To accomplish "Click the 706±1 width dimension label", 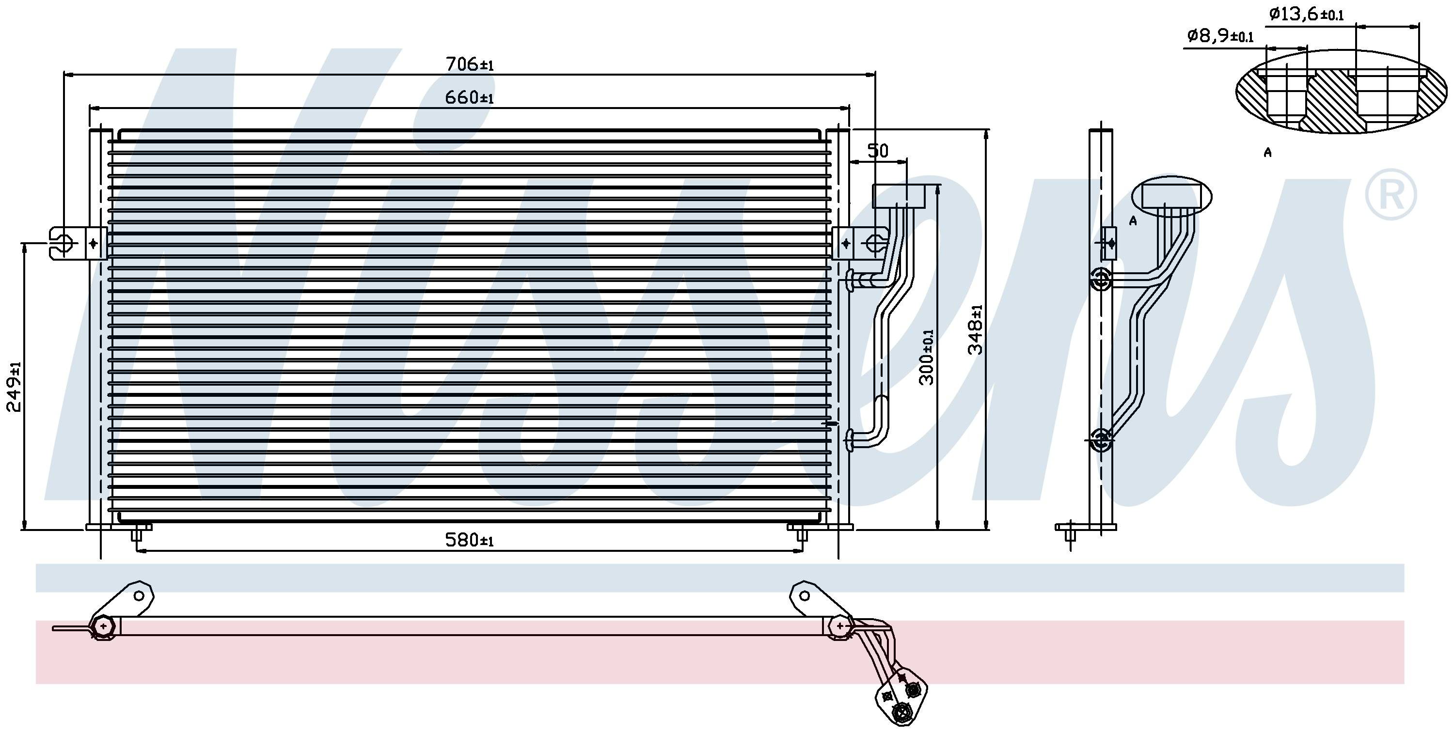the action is tap(470, 64).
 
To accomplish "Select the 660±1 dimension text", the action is tap(470, 98).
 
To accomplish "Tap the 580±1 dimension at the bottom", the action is tap(470, 540).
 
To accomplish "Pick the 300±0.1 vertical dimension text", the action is tap(927, 357).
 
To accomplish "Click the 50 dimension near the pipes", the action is tap(878, 151).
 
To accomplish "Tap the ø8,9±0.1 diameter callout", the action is tap(1220, 36).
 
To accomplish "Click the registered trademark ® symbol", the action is tap(1391, 194).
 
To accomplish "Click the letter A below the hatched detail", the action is tap(1268, 152).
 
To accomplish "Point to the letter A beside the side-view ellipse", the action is tap(1133, 220).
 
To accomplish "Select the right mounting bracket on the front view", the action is tap(860, 243).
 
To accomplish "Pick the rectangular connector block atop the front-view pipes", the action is tap(899, 196).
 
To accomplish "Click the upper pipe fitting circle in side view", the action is tap(1101, 279).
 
